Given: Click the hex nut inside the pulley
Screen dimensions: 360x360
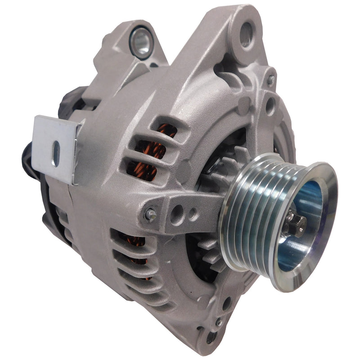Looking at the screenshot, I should click(295, 224).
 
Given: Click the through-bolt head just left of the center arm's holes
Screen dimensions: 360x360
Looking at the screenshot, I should click(150, 215).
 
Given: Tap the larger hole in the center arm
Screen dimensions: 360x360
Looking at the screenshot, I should click(176, 213).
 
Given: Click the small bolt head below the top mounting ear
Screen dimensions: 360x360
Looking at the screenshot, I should click(270, 81).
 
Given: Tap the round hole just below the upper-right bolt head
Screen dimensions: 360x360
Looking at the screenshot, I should click(270, 106).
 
